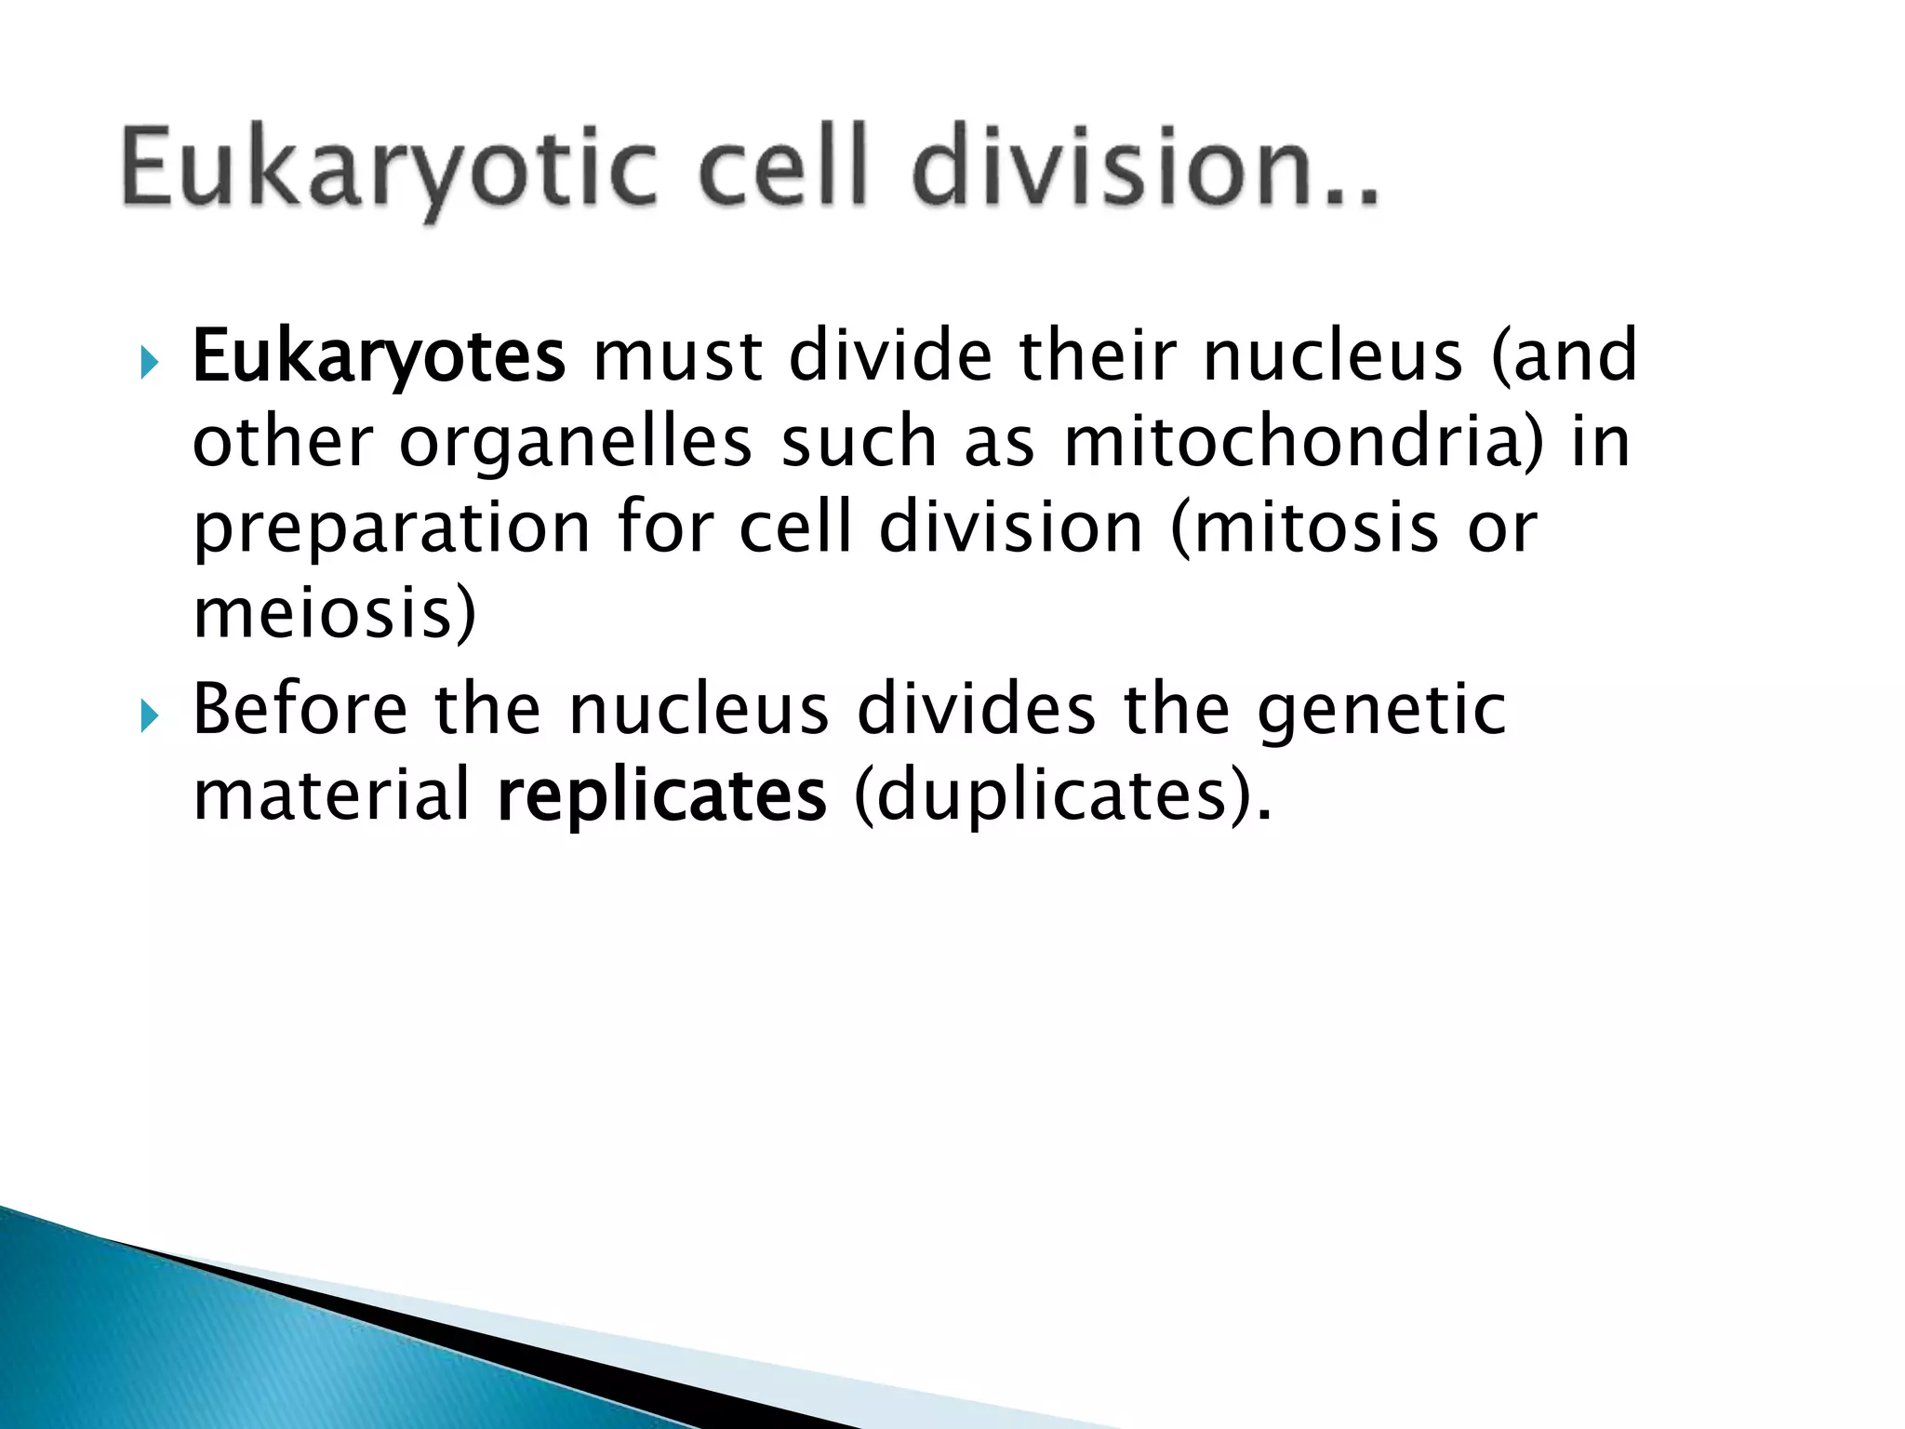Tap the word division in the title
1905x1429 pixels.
[1144, 167]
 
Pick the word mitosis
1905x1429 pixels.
[1302, 528]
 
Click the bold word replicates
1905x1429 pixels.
[661, 797]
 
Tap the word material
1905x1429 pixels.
[331, 795]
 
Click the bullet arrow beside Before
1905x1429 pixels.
[149, 715]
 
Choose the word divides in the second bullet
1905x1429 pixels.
[976, 710]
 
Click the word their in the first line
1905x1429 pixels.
[1098, 355]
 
